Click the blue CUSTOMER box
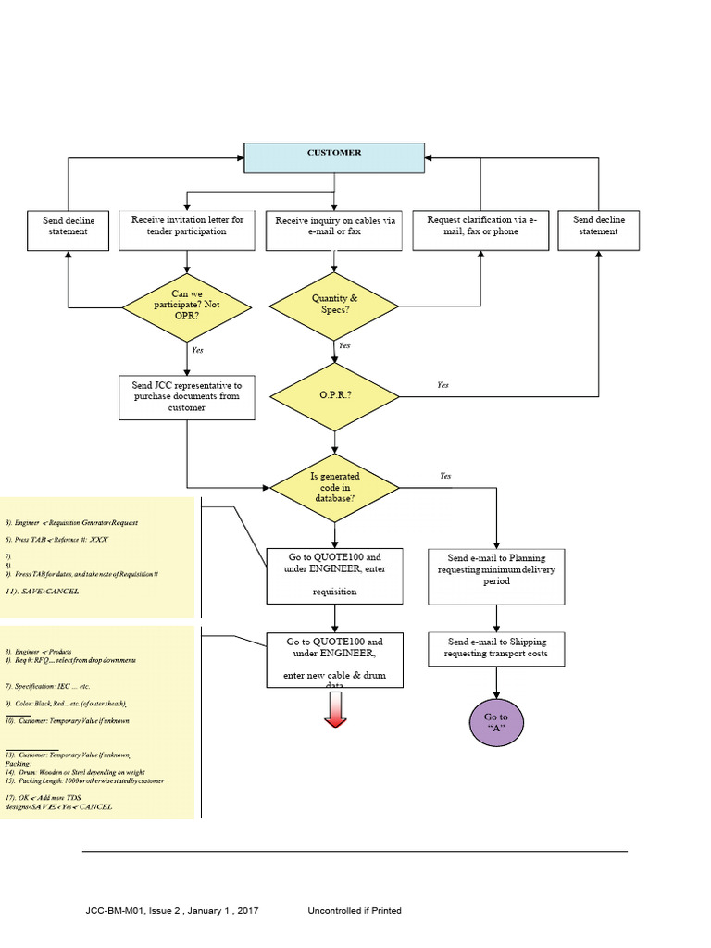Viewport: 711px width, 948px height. [334, 157]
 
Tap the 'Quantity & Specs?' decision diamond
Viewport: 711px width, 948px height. [334, 304]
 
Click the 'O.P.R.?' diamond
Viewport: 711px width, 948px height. [334, 395]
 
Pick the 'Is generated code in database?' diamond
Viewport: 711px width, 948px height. [334, 487]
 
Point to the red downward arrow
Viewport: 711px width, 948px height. [335, 711]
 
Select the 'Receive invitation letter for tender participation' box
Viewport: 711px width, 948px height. [187, 231]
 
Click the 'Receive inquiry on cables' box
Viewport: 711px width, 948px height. [334, 231]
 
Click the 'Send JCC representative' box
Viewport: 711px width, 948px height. [187, 396]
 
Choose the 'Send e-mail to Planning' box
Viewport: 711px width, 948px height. [496, 576]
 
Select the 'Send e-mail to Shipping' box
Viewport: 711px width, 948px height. [496, 648]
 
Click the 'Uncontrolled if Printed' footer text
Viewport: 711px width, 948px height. [355, 911]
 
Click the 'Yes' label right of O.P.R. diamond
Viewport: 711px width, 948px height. [443, 384]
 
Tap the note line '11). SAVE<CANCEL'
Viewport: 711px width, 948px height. [43, 590]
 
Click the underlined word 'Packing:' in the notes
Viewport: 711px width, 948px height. [19, 764]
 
